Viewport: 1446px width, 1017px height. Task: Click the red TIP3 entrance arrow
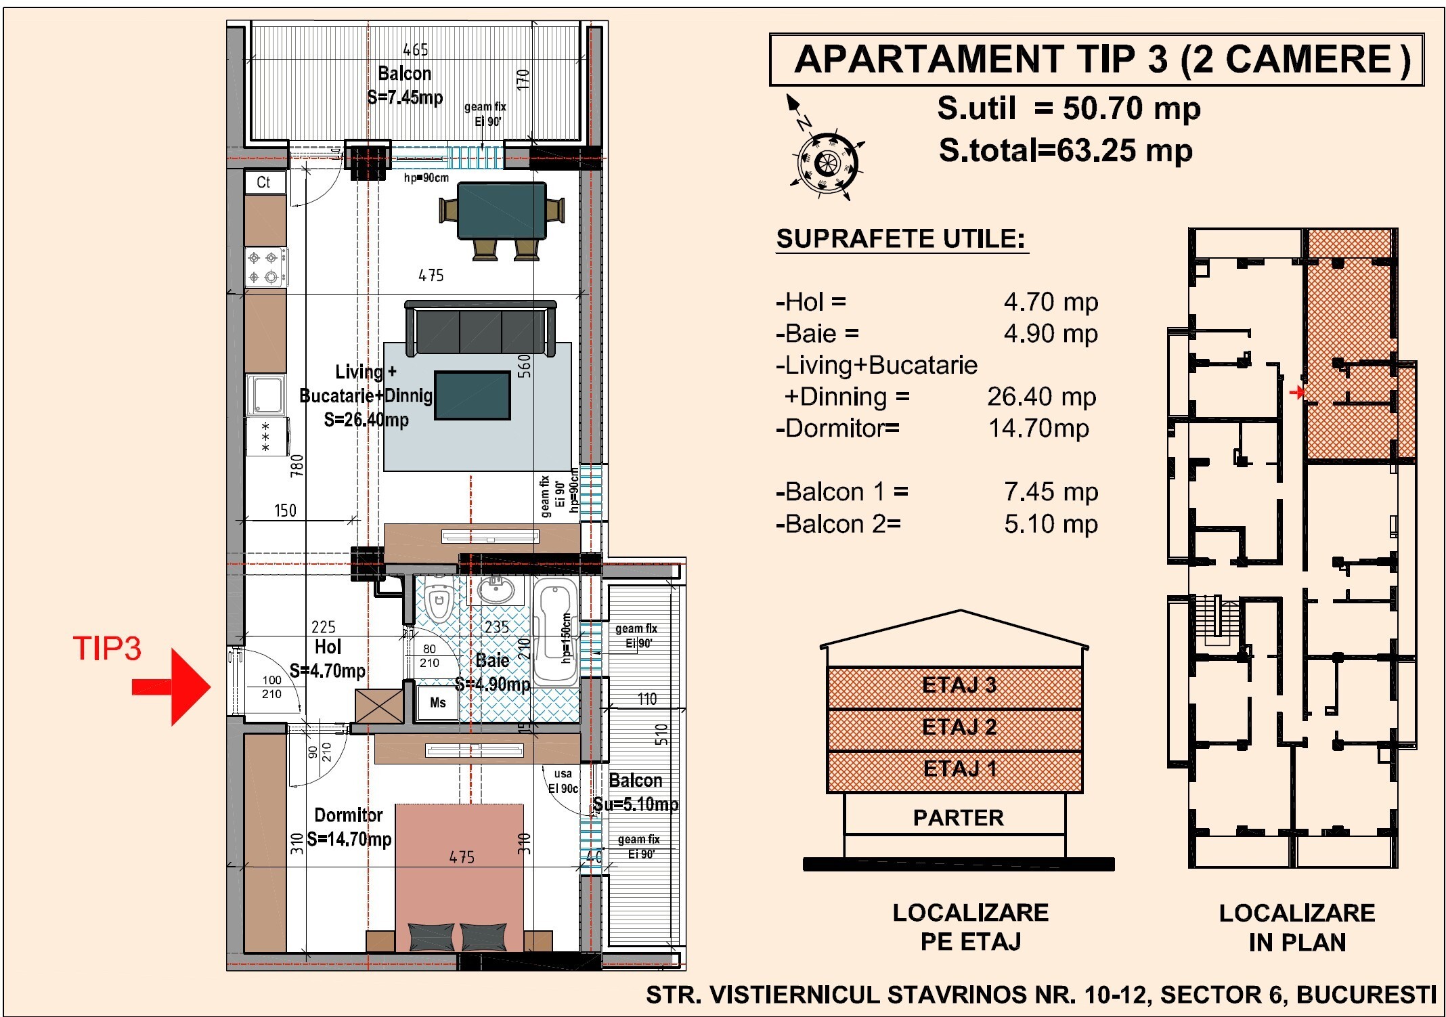tap(172, 687)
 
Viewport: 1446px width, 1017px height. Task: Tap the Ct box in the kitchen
tap(264, 182)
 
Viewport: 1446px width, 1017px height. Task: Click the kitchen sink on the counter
tap(267, 395)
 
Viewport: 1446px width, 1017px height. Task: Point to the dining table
tap(502, 211)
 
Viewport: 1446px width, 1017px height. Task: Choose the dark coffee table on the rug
tap(473, 395)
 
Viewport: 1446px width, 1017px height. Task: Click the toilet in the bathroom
tap(439, 599)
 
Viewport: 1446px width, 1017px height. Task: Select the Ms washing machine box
tap(437, 703)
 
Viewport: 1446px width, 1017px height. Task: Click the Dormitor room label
tap(349, 815)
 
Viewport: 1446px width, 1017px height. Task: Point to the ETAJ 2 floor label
tap(959, 727)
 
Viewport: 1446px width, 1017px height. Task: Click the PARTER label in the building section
tap(958, 818)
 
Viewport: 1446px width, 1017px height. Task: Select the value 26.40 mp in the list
tap(1042, 397)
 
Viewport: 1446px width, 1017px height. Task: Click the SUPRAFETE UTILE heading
tap(901, 239)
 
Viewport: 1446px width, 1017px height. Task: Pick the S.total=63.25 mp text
tap(1066, 150)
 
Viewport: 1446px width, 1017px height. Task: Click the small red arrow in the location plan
tap(1297, 392)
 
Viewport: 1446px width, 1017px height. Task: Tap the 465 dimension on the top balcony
tap(416, 50)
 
